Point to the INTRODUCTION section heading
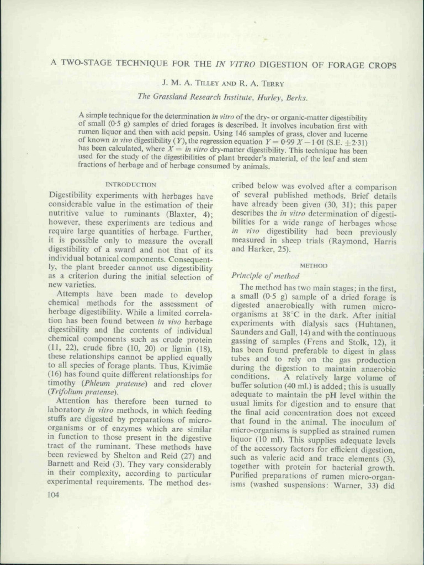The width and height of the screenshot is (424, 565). click(x=130, y=185)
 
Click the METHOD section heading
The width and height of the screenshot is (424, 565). click(x=314, y=265)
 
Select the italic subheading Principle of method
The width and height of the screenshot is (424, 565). click(x=266, y=275)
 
